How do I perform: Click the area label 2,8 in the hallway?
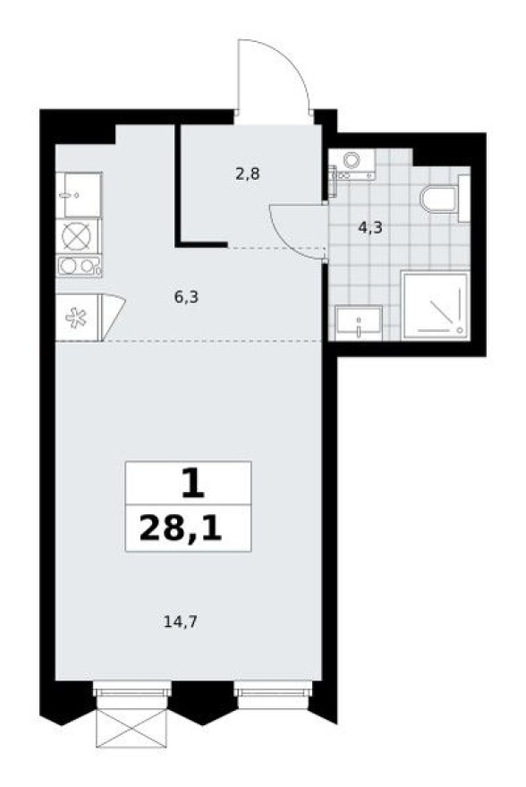click(x=248, y=173)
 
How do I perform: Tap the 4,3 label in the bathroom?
click(x=370, y=227)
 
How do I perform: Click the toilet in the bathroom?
click(x=439, y=199)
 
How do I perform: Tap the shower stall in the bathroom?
click(x=434, y=304)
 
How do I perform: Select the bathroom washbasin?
click(x=358, y=322)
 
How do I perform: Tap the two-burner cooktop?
click(x=78, y=266)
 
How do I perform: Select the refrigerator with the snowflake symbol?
click(x=79, y=317)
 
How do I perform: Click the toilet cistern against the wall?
click(x=462, y=199)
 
